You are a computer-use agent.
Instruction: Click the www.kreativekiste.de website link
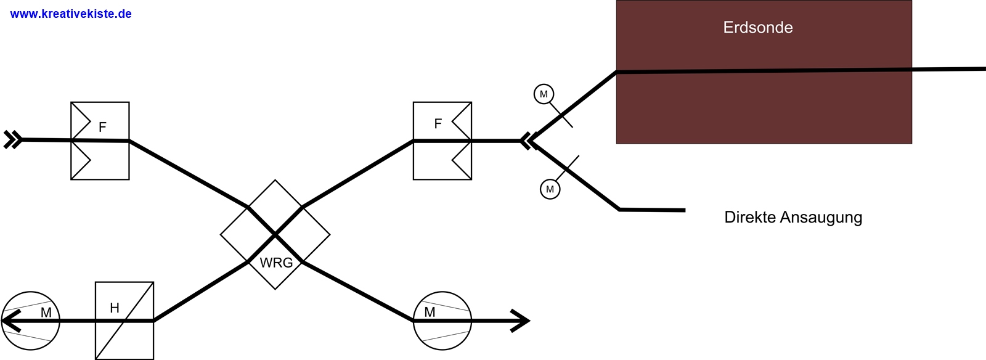pos(70,14)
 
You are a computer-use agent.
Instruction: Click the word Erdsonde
pos(758,27)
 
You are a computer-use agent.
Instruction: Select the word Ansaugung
pos(821,218)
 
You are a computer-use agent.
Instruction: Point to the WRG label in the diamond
pos(276,263)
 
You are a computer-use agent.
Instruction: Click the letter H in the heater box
pos(115,308)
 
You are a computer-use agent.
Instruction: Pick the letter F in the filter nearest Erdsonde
pos(438,124)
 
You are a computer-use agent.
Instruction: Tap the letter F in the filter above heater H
pos(102,127)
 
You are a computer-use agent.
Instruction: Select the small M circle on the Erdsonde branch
pos(544,94)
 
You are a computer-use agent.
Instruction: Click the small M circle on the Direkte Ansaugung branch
pos(550,189)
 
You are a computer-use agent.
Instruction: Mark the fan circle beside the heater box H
pos(30,321)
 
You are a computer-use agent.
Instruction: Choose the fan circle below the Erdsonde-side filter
pos(442,321)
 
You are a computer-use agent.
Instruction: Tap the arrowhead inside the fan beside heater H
pos(11,321)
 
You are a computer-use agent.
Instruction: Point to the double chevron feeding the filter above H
pos(13,140)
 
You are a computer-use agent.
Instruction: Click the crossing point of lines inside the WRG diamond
pos(275,235)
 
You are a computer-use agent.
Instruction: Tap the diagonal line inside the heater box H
pos(124,321)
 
